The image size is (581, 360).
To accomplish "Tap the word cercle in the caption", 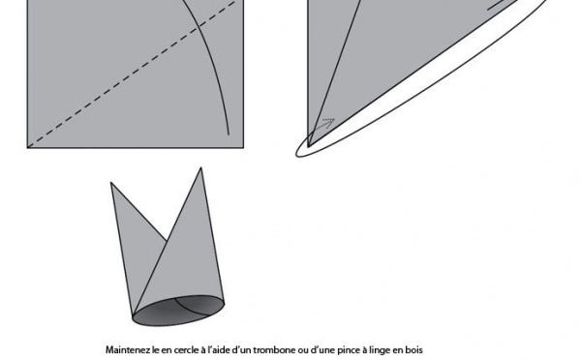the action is point(182,350).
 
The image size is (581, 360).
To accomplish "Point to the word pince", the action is point(349,350).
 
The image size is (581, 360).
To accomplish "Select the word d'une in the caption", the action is point(322,350).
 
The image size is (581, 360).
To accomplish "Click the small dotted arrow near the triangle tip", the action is point(323,125).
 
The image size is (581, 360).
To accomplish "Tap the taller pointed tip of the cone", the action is point(200,167).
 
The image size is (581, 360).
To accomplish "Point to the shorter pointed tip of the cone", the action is point(111,183).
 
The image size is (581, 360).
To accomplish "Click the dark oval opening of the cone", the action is point(178,311).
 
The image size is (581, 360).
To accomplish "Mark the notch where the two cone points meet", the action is point(167,242).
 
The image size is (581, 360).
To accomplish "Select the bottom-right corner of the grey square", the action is point(243,148).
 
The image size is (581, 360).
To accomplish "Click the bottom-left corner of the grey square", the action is point(27,148).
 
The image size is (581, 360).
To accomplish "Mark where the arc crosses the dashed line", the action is point(199,26).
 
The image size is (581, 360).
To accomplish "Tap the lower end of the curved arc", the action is point(229,135).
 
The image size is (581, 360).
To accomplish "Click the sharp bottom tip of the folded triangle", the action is point(308,147).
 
